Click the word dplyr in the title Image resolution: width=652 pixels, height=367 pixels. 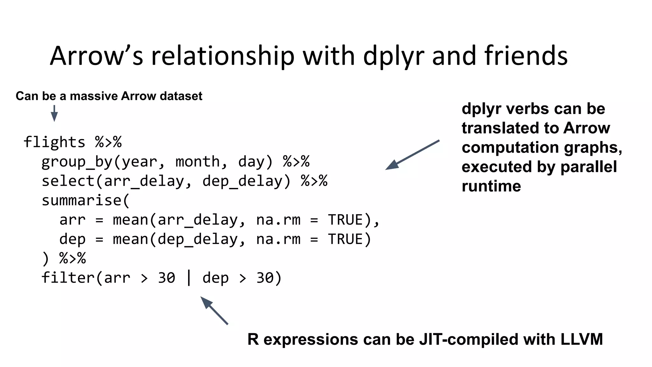point(394,56)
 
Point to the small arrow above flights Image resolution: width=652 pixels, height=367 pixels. point(54,113)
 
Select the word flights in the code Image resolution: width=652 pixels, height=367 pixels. point(54,142)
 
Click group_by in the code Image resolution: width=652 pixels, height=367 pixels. point(77,162)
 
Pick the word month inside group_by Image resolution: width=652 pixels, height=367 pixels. point(197,162)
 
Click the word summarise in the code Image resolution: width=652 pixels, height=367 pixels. point(81,201)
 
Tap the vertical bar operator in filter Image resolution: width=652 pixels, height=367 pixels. point(189,278)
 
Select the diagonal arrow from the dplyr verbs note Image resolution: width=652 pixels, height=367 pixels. point(412,155)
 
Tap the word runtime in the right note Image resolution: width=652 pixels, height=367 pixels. point(491,186)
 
